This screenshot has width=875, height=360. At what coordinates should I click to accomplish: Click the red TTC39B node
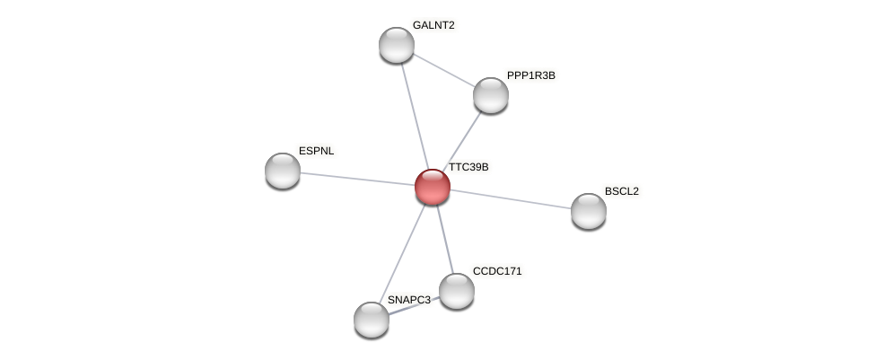click(x=432, y=186)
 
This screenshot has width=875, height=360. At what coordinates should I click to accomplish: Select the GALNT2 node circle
click(x=396, y=45)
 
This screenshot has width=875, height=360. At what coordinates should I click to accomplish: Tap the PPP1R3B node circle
click(x=490, y=95)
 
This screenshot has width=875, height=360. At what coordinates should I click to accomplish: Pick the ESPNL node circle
click(x=282, y=171)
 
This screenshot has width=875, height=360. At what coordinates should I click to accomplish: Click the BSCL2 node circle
click(x=588, y=211)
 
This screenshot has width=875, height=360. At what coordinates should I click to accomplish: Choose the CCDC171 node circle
click(x=456, y=290)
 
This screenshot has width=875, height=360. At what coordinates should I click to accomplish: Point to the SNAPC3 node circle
click(x=371, y=320)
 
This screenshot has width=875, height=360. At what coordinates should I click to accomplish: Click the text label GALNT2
click(x=433, y=25)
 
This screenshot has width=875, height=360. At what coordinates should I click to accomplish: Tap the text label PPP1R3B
click(x=530, y=75)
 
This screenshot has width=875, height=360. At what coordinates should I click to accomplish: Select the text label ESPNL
click(x=316, y=151)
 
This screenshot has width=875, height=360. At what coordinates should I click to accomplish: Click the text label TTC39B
click(x=468, y=167)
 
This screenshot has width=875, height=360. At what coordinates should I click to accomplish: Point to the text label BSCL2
click(x=621, y=191)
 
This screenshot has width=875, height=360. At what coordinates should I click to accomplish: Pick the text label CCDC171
click(x=496, y=271)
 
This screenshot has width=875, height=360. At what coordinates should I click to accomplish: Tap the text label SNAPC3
click(x=408, y=300)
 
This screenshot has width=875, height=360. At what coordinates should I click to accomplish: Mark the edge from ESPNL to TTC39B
click(x=356, y=179)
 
